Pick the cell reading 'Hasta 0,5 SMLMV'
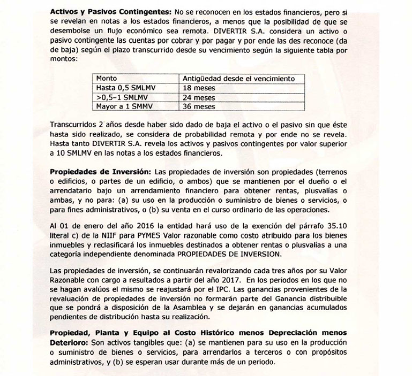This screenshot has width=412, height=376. point(124,88)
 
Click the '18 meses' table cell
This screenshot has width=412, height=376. point(199,88)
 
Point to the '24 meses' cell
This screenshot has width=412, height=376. point(199,97)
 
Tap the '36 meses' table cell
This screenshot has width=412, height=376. point(199,106)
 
